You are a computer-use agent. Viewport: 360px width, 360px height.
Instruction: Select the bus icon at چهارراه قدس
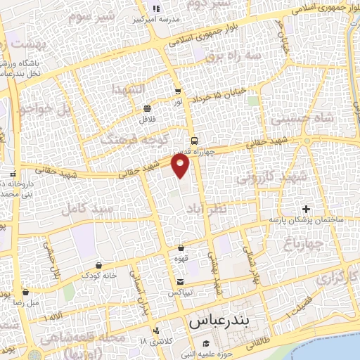point(194,139)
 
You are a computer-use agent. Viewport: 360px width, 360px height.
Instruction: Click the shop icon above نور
point(177,91)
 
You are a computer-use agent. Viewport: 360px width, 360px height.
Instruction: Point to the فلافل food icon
point(147,108)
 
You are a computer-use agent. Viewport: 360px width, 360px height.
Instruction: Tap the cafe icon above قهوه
point(181,247)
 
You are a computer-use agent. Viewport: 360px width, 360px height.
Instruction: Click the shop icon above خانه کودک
point(98,266)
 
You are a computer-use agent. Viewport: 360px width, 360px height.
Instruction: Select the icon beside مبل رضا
point(25,292)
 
